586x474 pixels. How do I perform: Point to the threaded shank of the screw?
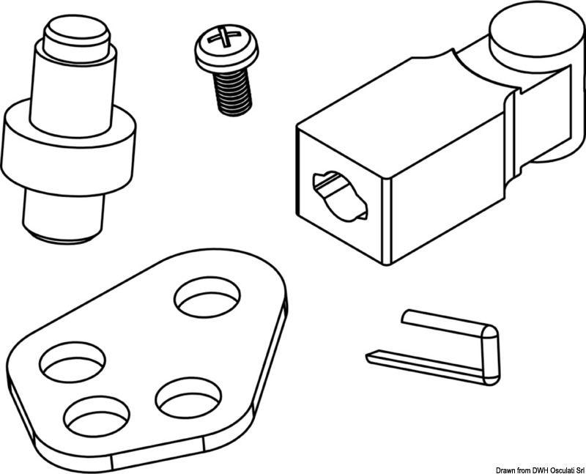(232, 90)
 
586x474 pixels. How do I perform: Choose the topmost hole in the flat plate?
(207, 297)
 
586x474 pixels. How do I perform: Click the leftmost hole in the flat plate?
(72, 363)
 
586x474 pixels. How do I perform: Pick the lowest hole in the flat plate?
(96, 418)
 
